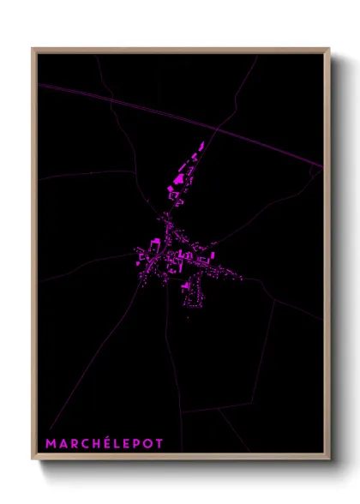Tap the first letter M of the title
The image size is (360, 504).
(x=51, y=444)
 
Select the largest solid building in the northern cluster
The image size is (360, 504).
(x=180, y=178)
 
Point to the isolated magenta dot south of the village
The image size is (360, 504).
(x=188, y=319)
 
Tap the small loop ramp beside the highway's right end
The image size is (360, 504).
(x=315, y=172)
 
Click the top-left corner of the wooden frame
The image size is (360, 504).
(x=33, y=49)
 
